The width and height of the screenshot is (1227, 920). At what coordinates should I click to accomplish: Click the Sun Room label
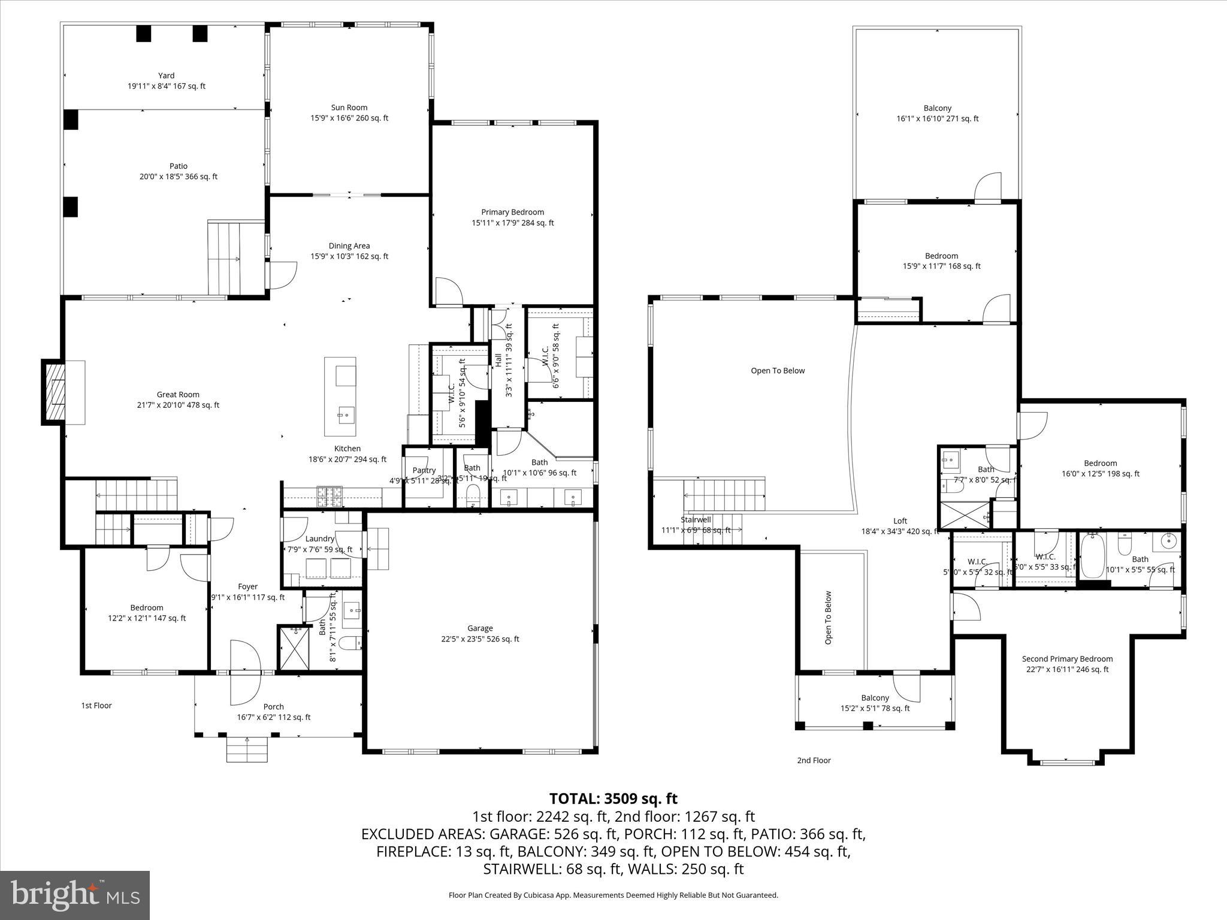[x=349, y=108]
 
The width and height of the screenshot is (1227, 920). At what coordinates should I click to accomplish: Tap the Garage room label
[x=480, y=628]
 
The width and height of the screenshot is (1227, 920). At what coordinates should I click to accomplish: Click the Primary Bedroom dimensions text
[x=512, y=223]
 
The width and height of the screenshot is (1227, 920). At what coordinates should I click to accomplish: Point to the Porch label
[x=273, y=707]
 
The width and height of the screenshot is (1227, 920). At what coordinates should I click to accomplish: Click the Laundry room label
[x=319, y=538]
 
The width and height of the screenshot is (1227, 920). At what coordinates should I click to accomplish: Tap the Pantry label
[x=424, y=470]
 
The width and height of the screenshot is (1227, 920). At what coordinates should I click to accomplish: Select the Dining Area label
[x=349, y=246]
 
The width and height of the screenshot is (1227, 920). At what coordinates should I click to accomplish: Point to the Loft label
[x=900, y=520]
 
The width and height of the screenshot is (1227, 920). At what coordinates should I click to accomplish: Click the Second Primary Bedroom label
[x=1067, y=659]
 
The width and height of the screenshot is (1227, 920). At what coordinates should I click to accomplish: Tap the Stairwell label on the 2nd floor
[x=696, y=519]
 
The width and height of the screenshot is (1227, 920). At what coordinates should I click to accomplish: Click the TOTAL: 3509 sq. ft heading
[x=613, y=798]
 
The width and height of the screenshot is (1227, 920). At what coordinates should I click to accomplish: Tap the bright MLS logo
[x=75, y=895]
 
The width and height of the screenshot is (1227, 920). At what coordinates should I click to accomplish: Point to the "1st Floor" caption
[x=96, y=706]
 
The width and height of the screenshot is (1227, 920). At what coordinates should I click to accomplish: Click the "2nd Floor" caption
[x=814, y=760]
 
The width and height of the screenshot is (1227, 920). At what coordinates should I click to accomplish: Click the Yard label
[x=166, y=75]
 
